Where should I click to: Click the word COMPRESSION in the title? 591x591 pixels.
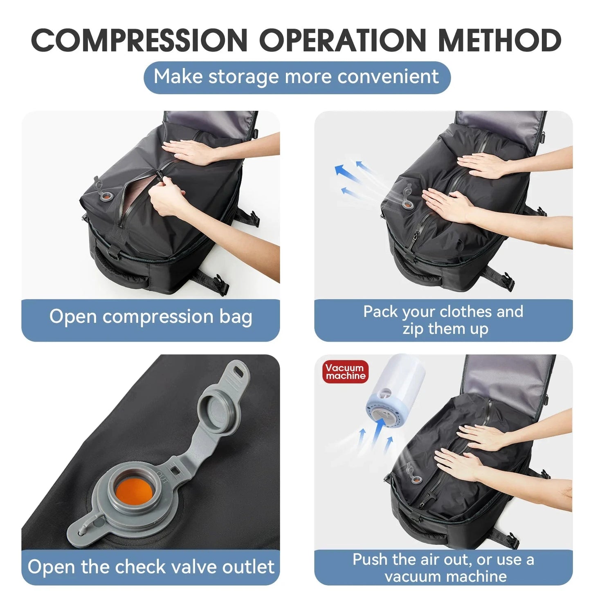coord(139,40)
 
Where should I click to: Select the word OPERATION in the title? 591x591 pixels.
coord(343,40)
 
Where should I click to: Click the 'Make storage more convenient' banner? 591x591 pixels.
coord(297,77)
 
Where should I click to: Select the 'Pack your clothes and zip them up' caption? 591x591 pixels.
coord(443,320)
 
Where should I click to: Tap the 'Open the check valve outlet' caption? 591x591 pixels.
coord(151,567)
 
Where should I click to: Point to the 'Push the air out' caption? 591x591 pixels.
coord(443,568)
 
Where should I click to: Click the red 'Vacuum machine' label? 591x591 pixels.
coord(345,372)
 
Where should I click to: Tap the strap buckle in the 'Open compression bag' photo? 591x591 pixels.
coord(221,284)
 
